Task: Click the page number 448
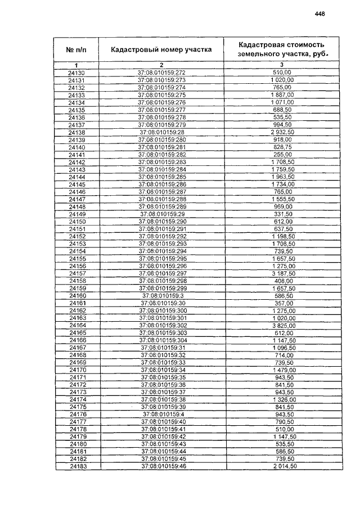[321, 14]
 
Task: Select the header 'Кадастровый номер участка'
[161, 49]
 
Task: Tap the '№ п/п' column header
[76, 49]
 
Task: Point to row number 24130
[76, 73]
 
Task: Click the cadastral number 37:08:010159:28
[161, 132]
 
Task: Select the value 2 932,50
[282, 132]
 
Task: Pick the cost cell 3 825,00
[282, 326]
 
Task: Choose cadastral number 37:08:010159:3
[161, 296]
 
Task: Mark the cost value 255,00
[282, 154]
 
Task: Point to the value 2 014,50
[282, 466]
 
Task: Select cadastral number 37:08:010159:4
[161, 415]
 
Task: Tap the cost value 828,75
[282, 147]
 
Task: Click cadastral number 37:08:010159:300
[161, 310]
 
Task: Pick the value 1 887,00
[282, 95]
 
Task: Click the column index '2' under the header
[161, 66]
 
